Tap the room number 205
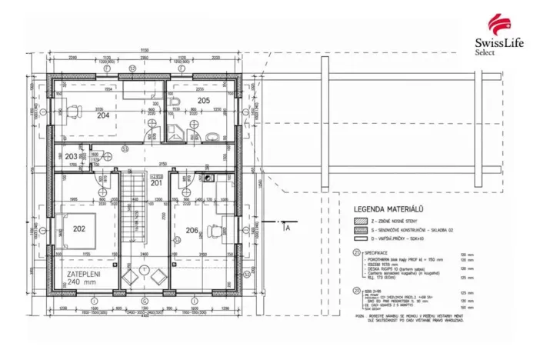point(203,101)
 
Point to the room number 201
point(156,183)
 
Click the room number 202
point(78,228)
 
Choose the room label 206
point(192,230)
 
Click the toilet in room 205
point(212,136)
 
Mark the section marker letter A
point(287,228)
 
